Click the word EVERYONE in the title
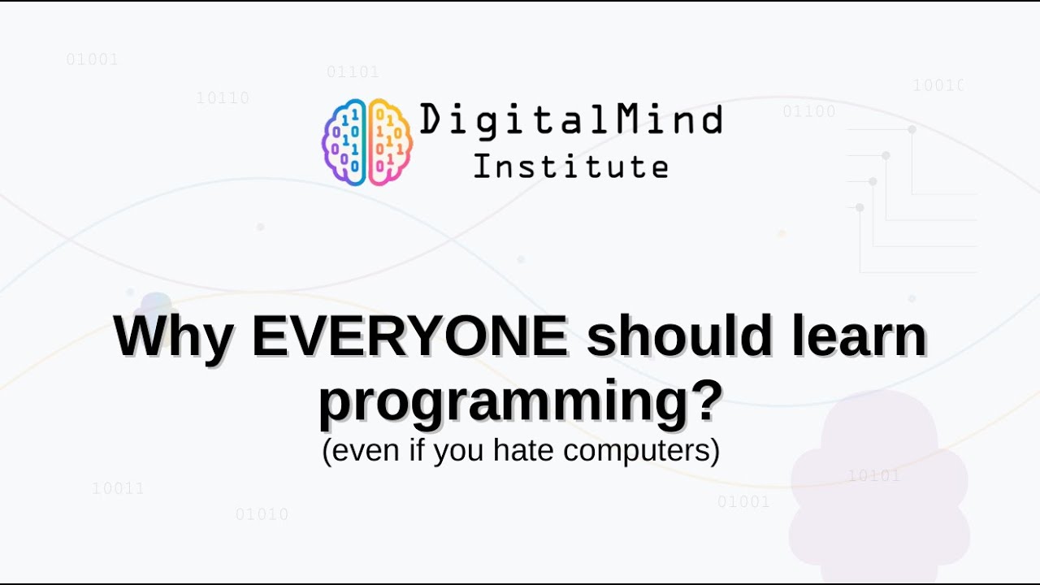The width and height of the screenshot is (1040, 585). click(x=409, y=337)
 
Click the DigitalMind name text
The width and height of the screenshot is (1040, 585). click(x=571, y=120)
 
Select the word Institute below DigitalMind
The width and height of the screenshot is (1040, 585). click(x=571, y=167)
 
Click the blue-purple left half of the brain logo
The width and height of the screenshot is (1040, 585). click(x=344, y=141)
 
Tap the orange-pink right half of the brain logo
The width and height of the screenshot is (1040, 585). click(x=391, y=141)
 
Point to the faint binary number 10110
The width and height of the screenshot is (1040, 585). click(x=223, y=98)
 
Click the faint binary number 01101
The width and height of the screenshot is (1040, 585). click(x=353, y=72)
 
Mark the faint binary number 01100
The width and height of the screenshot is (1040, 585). click(x=808, y=111)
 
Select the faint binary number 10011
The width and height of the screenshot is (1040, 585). click(x=118, y=488)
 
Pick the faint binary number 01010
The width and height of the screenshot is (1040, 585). click(x=262, y=514)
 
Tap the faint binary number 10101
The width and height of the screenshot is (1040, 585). click(x=873, y=476)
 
